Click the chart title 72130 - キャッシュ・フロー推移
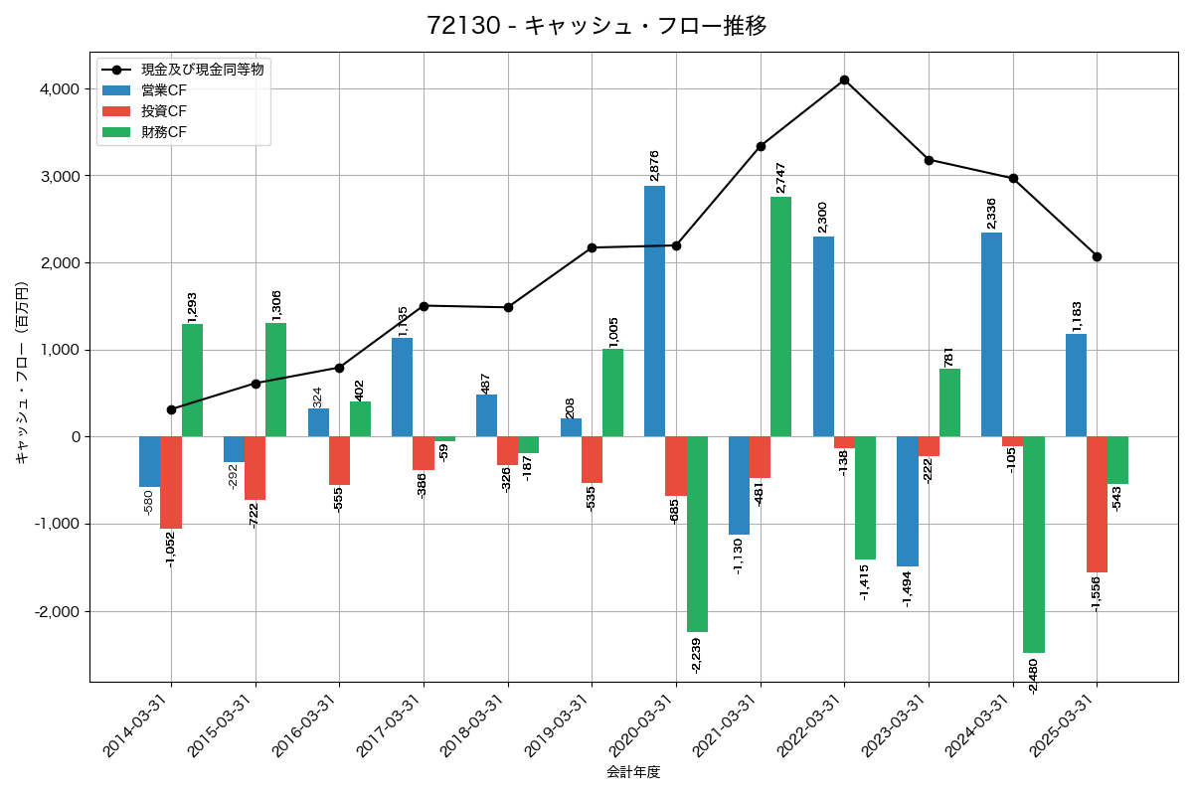596,26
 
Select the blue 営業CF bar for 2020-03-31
654,311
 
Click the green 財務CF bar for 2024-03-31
1033,545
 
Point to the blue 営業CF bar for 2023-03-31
907,502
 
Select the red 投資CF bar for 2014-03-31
171,483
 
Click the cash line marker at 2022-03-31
844,79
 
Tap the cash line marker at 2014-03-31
171,409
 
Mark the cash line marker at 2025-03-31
1097,256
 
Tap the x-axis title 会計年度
633,772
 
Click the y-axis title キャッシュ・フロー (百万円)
22,373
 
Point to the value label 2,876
654,166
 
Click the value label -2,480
1034,677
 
